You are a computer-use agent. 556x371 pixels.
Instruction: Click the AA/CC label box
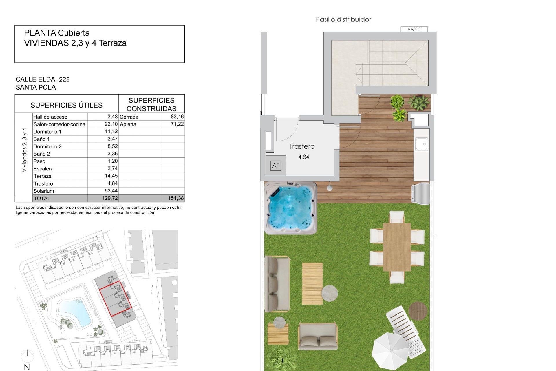pos(414,29)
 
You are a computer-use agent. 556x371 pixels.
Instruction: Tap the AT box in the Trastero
pos(275,166)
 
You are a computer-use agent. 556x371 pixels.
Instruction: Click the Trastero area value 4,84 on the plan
pos(303,157)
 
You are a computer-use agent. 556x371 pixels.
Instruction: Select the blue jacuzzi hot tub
pos(291,208)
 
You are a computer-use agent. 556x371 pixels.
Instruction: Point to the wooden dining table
pos(397,247)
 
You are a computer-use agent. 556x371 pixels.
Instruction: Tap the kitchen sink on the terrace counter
pos(421,144)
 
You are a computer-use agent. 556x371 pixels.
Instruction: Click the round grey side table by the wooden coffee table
pos(330,293)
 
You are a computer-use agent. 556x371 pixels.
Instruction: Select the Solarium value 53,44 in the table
pos(111,191)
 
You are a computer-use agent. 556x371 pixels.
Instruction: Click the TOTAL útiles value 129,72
pos(110,198)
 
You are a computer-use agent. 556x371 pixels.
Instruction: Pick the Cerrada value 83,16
pos(177,117)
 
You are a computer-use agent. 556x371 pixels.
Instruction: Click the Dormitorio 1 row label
pos(47,132)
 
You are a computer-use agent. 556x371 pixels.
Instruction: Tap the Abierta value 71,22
pos(177,124)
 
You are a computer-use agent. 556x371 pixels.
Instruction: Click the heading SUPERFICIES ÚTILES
pos(67,105)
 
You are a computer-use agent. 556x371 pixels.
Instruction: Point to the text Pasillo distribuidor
pos(343,19)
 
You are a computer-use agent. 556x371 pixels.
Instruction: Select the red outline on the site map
pos(115,299)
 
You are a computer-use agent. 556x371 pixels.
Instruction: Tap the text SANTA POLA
pos(36,87)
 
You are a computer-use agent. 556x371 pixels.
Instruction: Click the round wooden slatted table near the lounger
pos(418,311)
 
